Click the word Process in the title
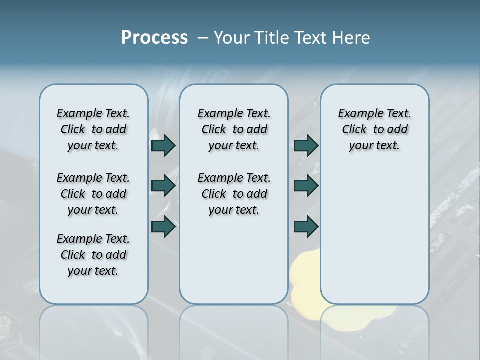click(154, 38)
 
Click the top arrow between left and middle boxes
click(163, 146)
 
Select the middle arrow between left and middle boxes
click(163, 186)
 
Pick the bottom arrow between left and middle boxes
click(163, 226)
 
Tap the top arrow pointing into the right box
click(306, 146)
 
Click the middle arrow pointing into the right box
click(306, 186)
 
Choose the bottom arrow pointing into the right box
click(306, 226)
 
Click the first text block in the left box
click(93, 129)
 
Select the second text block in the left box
click(93, 194)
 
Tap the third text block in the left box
click(93, 255)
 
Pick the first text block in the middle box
click(234, 129)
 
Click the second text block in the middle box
click(234, 194)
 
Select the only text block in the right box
click(374, 129)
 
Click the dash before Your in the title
click(203, 38)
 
